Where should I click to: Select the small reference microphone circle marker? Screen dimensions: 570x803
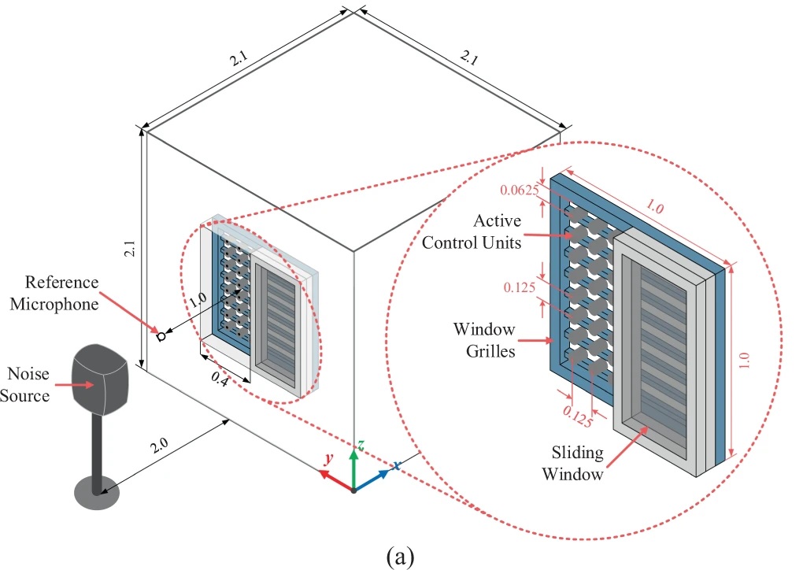161,337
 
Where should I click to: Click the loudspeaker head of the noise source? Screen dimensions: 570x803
100,379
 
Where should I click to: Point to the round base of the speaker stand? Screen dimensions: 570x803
97,494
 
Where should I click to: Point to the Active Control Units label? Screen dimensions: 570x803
472,231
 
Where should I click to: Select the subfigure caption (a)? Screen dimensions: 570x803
399,556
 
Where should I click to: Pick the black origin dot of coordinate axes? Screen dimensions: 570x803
353,490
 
